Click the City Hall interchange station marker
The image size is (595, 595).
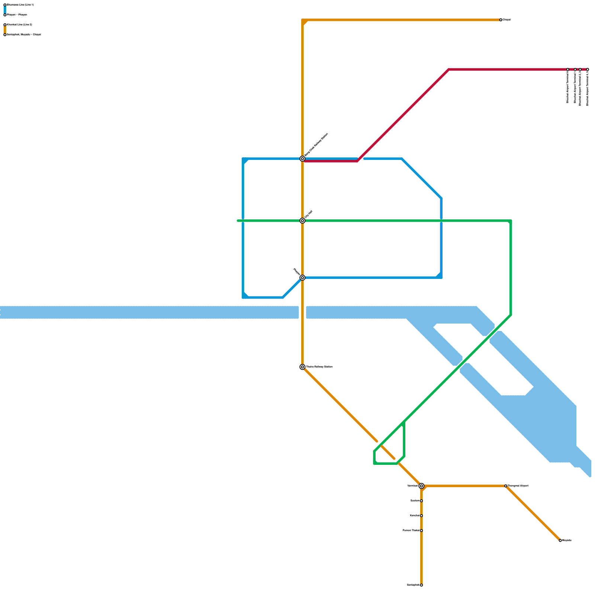click(x=302, y=221)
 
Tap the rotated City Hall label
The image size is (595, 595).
click(x=309, y=214)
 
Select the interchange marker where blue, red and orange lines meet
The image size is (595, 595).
click(x=302, y=159)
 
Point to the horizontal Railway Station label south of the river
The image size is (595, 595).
click(x=319, y=367)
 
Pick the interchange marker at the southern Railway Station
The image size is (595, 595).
click(x=302, y=367)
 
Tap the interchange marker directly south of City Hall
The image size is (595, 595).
click(x=302, y=278)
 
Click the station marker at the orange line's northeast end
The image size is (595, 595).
click(x=501, y=20)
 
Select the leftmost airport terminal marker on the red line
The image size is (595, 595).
click(x=567, y=70)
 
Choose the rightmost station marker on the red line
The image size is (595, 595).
click(x=588, y=70)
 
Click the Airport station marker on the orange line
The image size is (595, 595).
click(x=506, y=486)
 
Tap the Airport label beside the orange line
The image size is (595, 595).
click(x=518, y=486)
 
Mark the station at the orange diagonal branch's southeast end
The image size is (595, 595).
click(x=560, y=540)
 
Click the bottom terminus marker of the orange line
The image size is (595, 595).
click(x=421, y=585)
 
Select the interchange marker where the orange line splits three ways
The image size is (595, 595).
click(x=421, y=486)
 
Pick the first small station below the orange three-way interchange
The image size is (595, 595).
click(x=421, y=501)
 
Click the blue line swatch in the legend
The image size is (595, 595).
click(x=5, y=10)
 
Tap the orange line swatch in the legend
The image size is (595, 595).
click(x=5, y=30)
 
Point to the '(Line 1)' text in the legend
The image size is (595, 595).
click(x=29, y=5)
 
